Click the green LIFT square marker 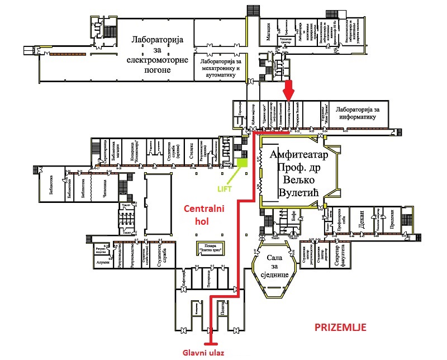242,163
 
